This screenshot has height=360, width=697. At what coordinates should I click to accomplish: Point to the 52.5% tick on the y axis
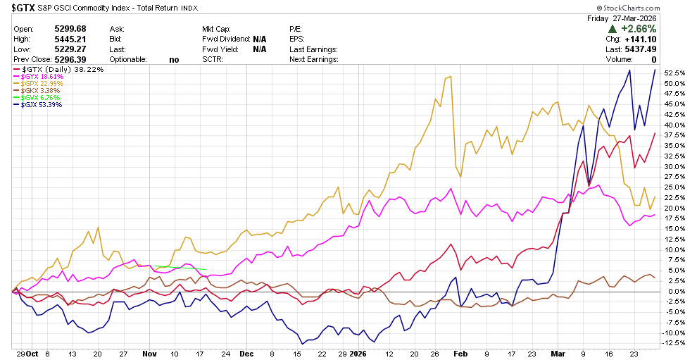tap(674, 73)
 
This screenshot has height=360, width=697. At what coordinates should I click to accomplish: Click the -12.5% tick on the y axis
tap(674, 343)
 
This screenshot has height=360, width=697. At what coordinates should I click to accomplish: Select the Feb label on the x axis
tap(461, 354)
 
